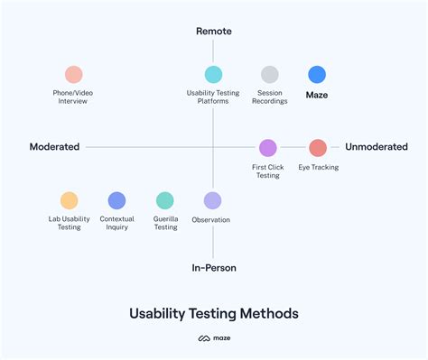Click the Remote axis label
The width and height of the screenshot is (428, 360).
pyautogui.click(x=214, y=32)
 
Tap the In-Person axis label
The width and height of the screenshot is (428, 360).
pyautogui.click(x=213, y=268)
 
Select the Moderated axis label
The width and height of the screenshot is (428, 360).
pyautogui.click(x=54, y=147)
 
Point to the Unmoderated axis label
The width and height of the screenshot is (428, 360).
pyautogui.click(x=377, y=147)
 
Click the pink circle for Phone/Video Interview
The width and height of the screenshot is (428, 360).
pyautogui.click(x=74, y=75)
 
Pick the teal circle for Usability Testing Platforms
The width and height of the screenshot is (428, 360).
pyautogui.click(x=213, y=75)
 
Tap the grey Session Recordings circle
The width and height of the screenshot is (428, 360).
pyautogui.click(x=270, y=75)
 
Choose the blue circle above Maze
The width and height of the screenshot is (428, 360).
pyautogui.click(x=317, y=75)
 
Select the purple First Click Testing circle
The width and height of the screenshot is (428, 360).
pyautogui.click(x=268, y=147)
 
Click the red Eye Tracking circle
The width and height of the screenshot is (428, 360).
pyautogui.click(x=317, y=147)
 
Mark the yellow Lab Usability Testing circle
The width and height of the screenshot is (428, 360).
pyautogui.click(x=70, y=200)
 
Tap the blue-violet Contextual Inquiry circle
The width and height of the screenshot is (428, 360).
pyautogui.click(x=116, y=200)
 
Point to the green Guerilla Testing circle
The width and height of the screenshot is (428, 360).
pyautogui.click(x=165, y=200)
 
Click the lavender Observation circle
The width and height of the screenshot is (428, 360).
pyautogui.click(x=212, y=200)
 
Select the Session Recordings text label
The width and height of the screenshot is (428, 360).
pyautogui.click(x=271, y=97)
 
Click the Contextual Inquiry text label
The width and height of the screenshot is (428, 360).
pyautogui.click(x=116, y=223)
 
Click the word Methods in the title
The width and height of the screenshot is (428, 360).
pyautogui.click(x=265, y=313)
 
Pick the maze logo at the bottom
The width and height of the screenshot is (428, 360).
pyautogui.click(x=214, y=340)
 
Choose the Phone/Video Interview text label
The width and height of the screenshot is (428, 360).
pyautogui.click(x=74, y=97)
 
